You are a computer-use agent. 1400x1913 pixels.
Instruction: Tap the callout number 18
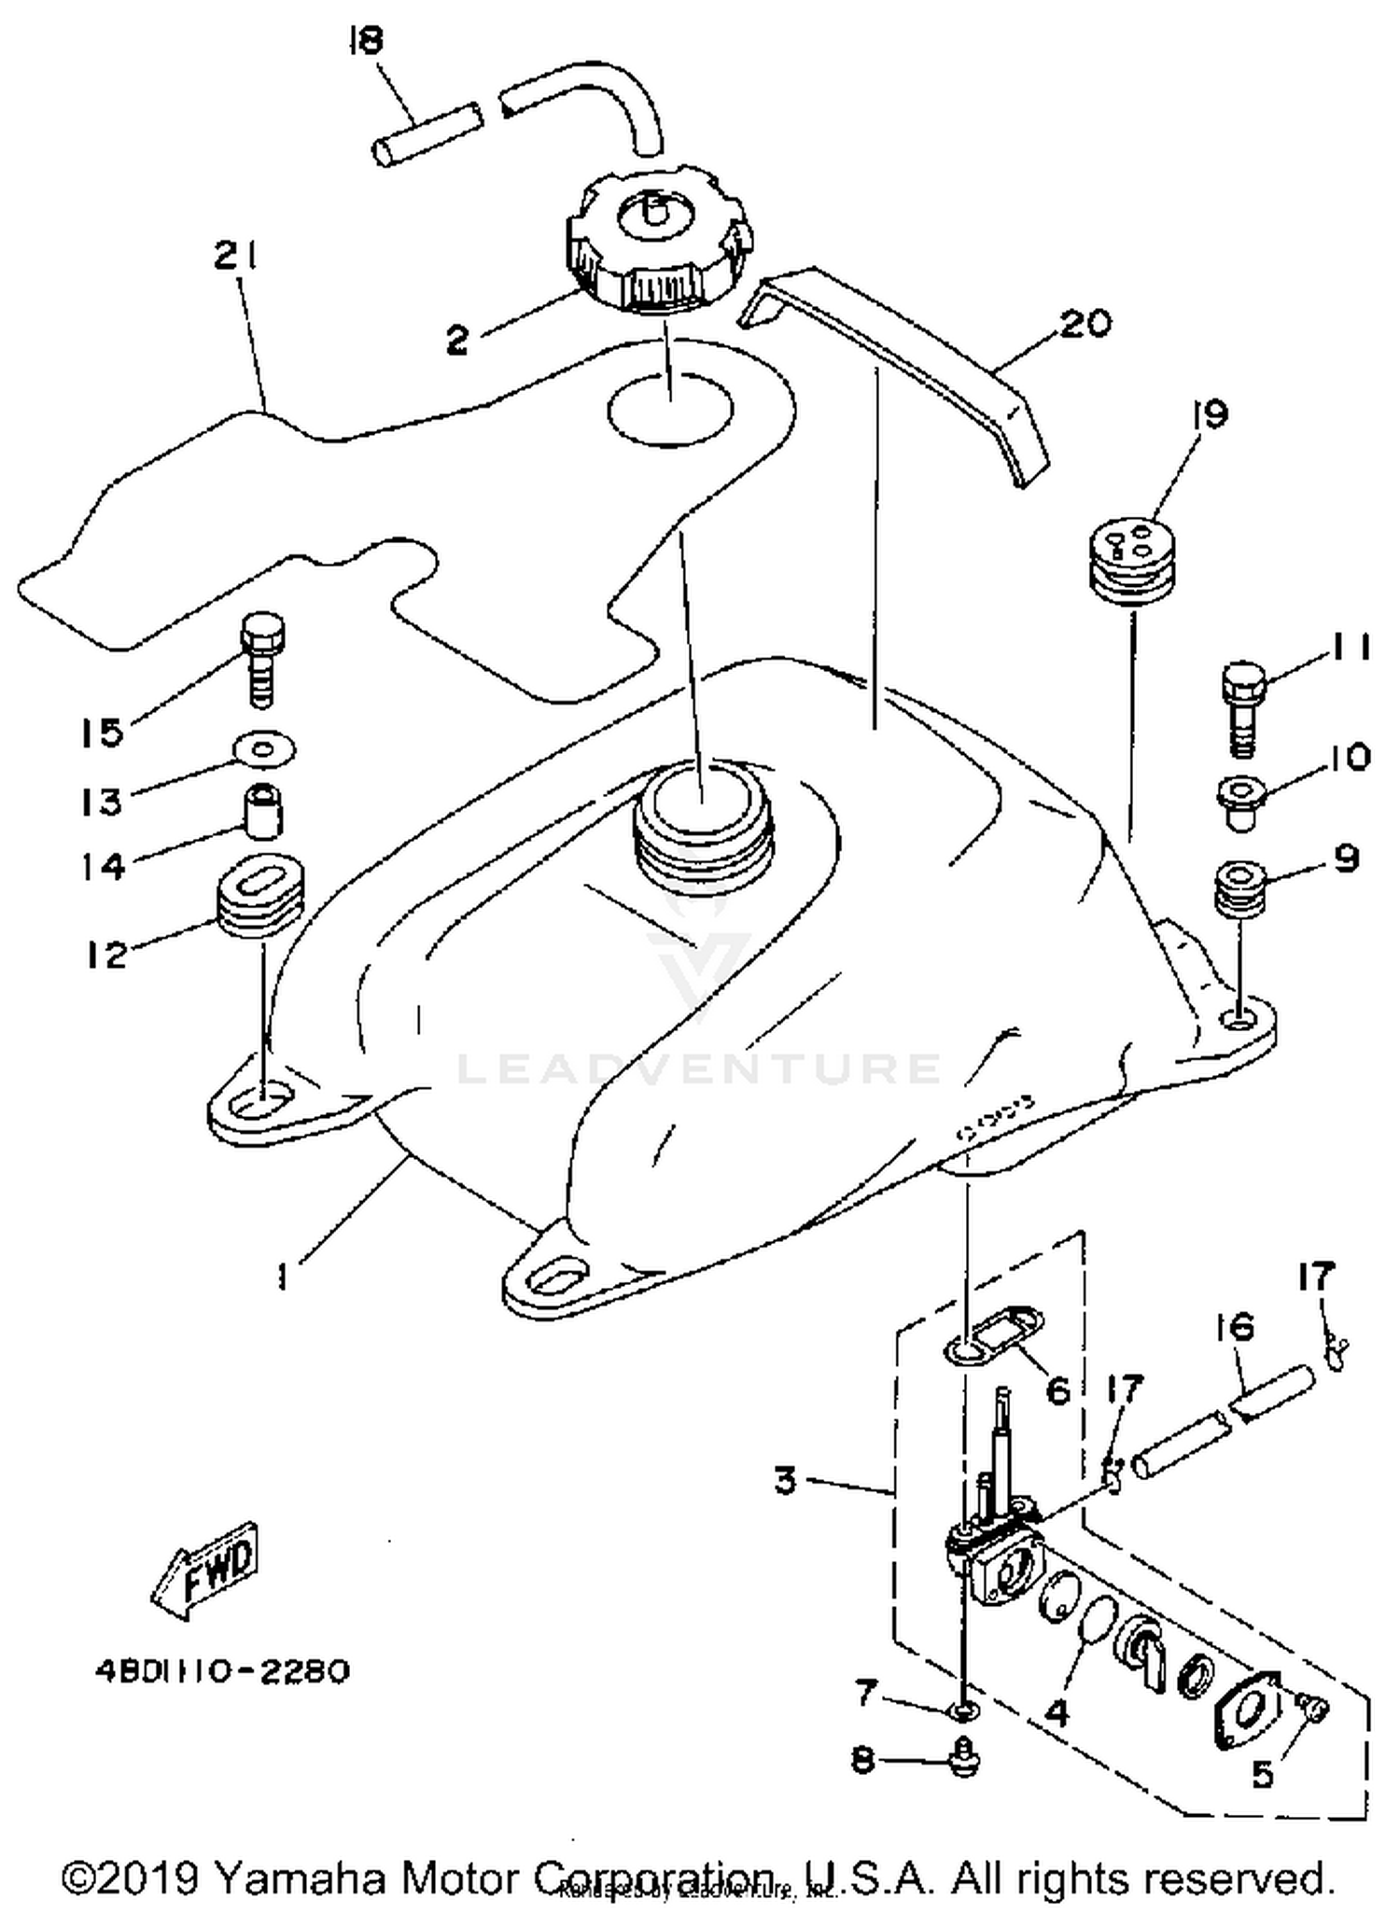tap(367, 41)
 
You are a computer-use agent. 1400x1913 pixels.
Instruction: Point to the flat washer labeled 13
tap(264, 747)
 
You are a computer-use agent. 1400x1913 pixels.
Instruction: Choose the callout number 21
tap(236, 256)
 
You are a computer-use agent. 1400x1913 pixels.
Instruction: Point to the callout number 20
tap(1086, 323)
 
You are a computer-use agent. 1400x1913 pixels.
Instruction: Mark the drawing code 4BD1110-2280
tap(222, 1669)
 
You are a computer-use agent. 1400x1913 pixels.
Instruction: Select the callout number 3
tap(786, 1479)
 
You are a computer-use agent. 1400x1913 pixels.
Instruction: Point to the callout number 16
tap(1236, 1326)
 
